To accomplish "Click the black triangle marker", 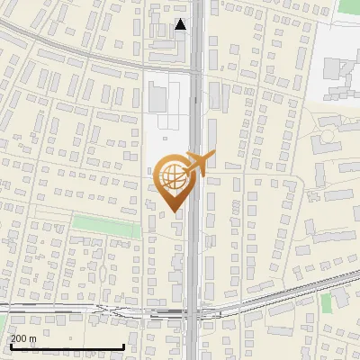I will (x=181, y=24).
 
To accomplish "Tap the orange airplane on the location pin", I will (x=199, y=162).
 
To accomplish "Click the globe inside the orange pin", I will (x=174, y=178).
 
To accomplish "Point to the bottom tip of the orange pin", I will (x=174, y=211).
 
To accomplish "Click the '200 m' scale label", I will (x=23, y=338).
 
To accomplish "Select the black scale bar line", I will (x=67, y=346).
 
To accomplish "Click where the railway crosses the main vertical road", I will (x=195, y=311).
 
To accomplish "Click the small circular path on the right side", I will (x=326, y=134).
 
